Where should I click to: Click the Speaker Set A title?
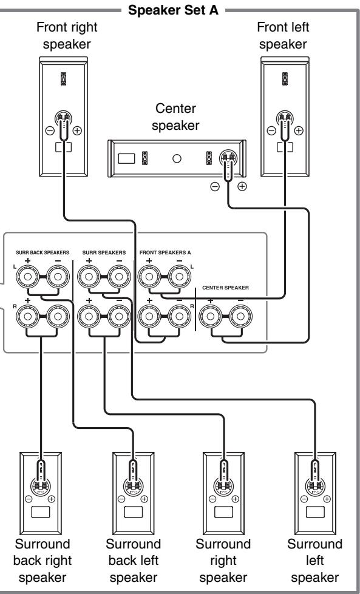pos(173,10)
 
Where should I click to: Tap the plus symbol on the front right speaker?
pos(77,130)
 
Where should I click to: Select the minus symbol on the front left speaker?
pos(271,130)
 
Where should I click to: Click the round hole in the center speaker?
pos(177,158)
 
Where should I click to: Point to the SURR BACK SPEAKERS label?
pos(42,252)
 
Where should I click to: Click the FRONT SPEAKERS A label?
pos(165,252)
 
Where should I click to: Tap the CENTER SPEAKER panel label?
pos(225,288)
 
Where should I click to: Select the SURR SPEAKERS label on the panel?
pos(104,252)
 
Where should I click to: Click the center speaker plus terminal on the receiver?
pos(210,317)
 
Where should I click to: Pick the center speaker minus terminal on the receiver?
pos(241,317)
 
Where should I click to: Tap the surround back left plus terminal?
pos(28,277)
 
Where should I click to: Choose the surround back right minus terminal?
pos(58,317)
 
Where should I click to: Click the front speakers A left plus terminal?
pos(149,277)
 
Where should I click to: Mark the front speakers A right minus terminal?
pos(180,317)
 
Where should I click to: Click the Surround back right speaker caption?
pos(42,561)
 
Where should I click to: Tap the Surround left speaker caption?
pos(315,561)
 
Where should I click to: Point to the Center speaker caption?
pos(175,116)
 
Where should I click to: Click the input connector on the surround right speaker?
pos(223,485)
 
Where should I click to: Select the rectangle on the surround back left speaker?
pos(133,512)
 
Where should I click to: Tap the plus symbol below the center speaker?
pos(242,186)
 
